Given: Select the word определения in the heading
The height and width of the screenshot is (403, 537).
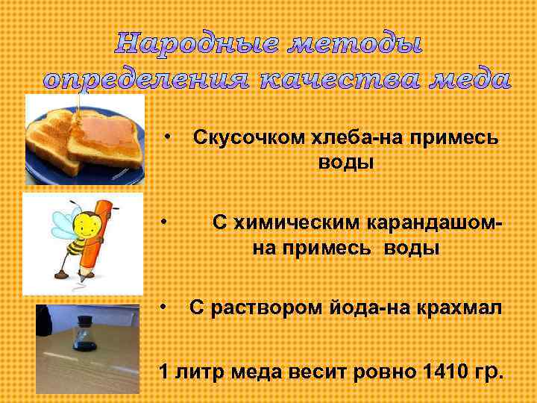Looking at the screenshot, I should pos(145,79).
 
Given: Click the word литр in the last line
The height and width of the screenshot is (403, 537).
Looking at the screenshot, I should pos(199,370).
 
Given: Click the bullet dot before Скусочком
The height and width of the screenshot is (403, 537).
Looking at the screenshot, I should pos(169,137).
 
